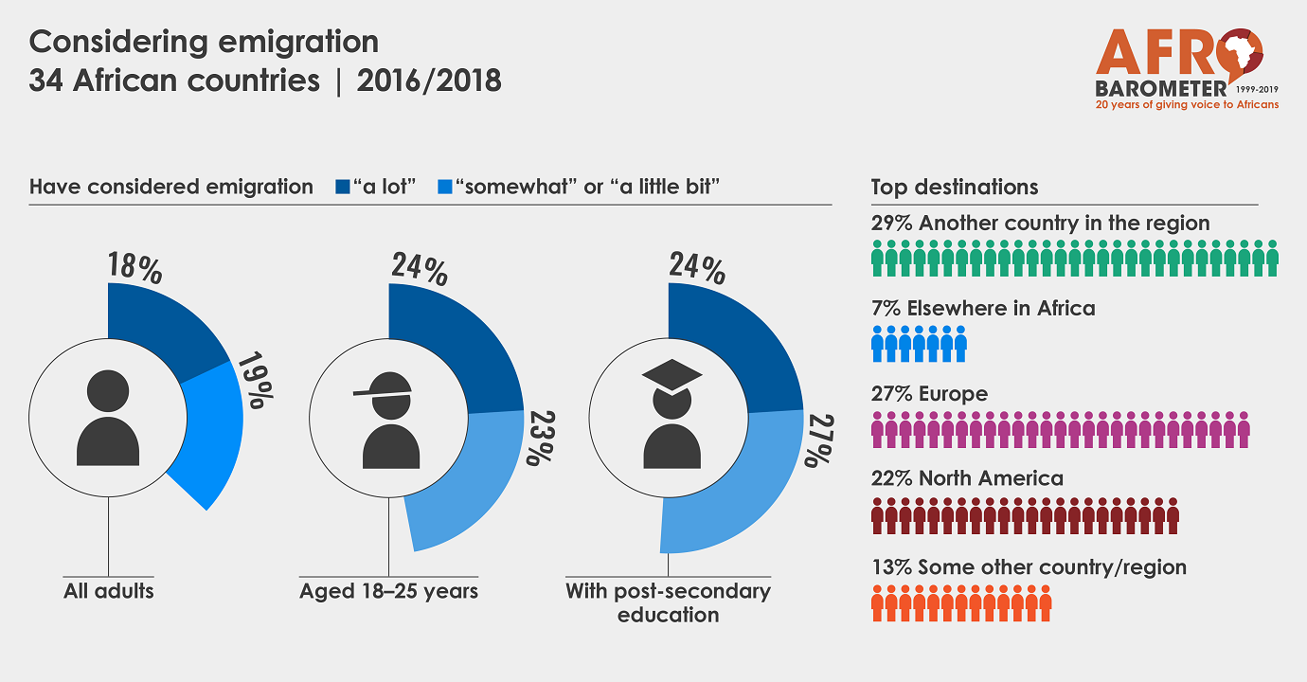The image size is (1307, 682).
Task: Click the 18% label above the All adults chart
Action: (134, 268)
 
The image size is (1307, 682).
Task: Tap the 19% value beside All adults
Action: (253, 381)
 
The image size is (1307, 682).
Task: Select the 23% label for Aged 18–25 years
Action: (538, 438)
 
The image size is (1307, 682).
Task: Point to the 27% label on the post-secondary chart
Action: (816, 440)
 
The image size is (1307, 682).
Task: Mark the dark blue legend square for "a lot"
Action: (344, 187)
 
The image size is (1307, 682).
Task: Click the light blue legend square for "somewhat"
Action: (445, 187)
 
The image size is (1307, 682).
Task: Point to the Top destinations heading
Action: (955, 187)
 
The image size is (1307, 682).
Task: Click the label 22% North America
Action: (967, 478)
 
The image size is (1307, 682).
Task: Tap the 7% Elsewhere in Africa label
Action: (983, 308)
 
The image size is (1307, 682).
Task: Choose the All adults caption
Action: (108, 591)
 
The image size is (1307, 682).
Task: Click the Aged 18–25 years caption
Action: (388, 591)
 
